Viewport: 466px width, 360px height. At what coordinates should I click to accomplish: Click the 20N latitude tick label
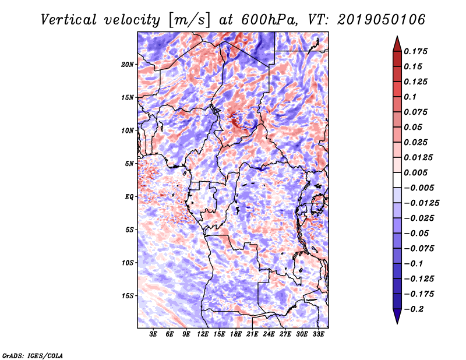pyautogui.click(x=128, y=64)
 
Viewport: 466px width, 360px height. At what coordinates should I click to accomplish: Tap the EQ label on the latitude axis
pyautogui.click(x=129, y=197)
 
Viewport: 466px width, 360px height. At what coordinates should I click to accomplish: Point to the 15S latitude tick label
pyautogui.click(x=128, y=296)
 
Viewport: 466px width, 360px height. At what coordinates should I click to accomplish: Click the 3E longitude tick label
pyautogui.click(x=154, y=334)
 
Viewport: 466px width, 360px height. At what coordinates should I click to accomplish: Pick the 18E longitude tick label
pyautogui.click(x=236, y=334)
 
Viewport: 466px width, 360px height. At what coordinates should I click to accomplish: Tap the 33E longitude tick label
pyautogui.click(x=318, y=334)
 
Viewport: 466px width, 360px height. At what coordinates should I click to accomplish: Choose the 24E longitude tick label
pyautogui.click(x=269, y=334)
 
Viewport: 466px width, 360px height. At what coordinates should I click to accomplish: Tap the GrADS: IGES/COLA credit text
pyautogui.click(x=33, y=355)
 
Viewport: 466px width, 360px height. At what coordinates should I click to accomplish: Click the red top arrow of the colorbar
pyautogui.click(x=397, y=43)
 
